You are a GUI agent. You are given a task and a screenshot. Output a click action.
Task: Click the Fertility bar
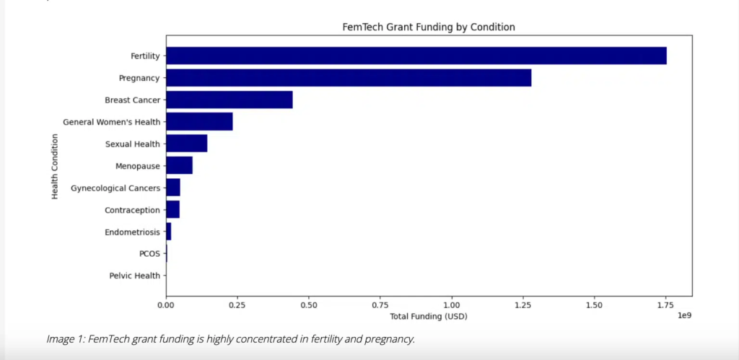point(416,56)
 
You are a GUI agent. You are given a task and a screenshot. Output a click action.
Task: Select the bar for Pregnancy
point(349,78)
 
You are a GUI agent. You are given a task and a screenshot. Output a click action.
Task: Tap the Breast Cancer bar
point(229,100)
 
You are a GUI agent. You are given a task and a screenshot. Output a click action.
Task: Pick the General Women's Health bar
point(199,122)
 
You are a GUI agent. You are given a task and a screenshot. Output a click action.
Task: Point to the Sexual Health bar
point(187,144)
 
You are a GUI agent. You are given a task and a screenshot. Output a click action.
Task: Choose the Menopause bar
point(179,166)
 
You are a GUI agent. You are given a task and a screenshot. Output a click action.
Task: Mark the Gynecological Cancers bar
point(173,188)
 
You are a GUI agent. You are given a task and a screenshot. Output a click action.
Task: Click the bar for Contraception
point(172,210)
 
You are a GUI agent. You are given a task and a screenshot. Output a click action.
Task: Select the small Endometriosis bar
point(169,232)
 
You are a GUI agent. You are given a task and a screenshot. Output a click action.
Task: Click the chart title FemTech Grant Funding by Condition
point(428,27)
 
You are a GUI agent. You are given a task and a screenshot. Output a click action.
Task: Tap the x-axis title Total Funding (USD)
point(429,316)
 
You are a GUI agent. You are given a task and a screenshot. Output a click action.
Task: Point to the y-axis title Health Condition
point(55,166)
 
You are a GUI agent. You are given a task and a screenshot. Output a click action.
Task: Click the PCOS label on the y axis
point(149,254)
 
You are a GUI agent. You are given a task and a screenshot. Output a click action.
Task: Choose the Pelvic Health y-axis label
point(135,276)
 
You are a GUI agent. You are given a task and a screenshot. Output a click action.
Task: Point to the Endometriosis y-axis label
point(132,232)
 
